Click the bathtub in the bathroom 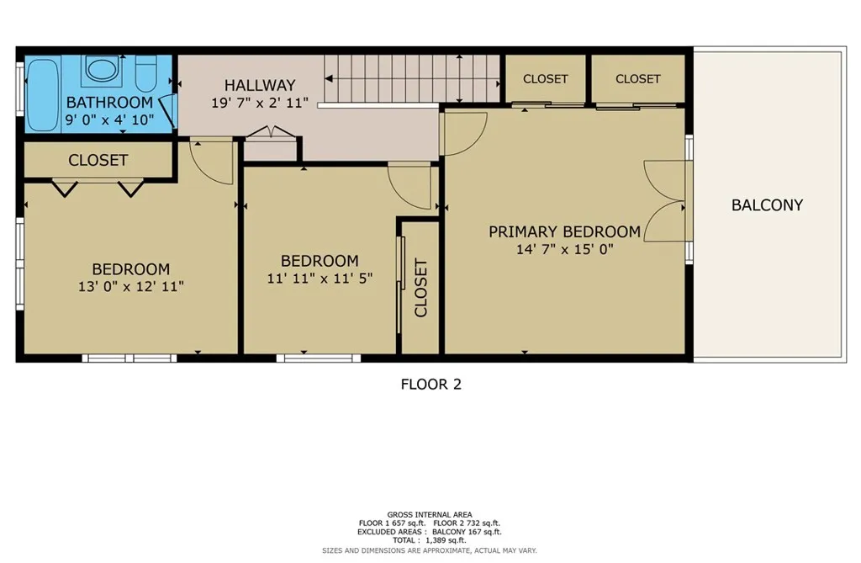coord(41,93)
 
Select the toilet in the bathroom coord(145,73)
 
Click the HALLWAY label coord(260,85)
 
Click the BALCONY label coord(767,204)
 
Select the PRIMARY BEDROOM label coord(564,231)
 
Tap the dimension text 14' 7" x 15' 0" coord(564,249)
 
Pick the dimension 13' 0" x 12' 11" coord(130,286)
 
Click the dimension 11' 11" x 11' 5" coord(320,278)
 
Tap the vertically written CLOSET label coord(420,288)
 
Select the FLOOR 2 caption coord(430,385)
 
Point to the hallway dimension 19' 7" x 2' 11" coord(260,102)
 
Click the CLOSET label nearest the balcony coord(637,79)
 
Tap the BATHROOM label coord(109,103)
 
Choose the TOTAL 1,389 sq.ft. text coord(430,540)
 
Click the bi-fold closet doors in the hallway coord(271,132)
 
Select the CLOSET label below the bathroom coord(98,160)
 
